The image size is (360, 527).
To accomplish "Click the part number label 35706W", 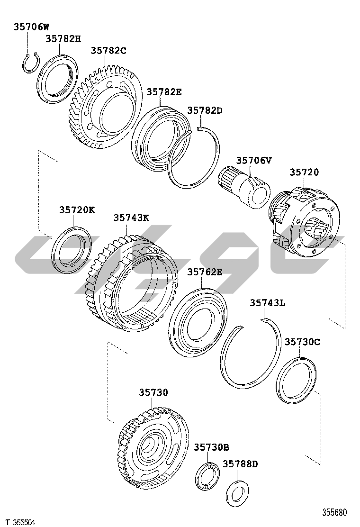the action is click(31, 27).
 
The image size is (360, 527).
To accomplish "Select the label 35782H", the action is click(63, 39).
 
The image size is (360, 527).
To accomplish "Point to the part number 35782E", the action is click(164, 92).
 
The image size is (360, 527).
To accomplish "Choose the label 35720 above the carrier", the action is click(304, 172).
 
